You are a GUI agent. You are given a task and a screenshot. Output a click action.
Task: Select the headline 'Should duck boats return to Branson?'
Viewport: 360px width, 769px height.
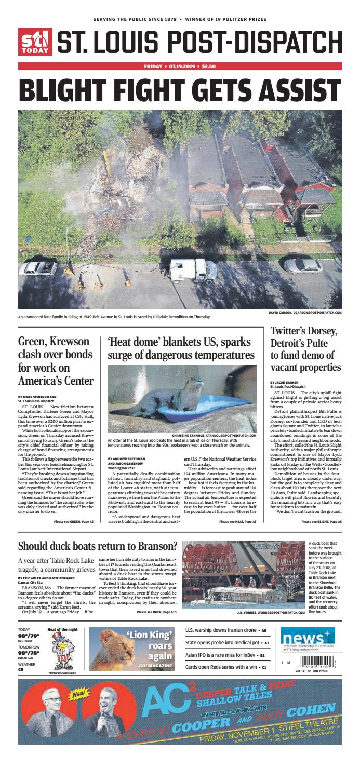click(x=98, y=546)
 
